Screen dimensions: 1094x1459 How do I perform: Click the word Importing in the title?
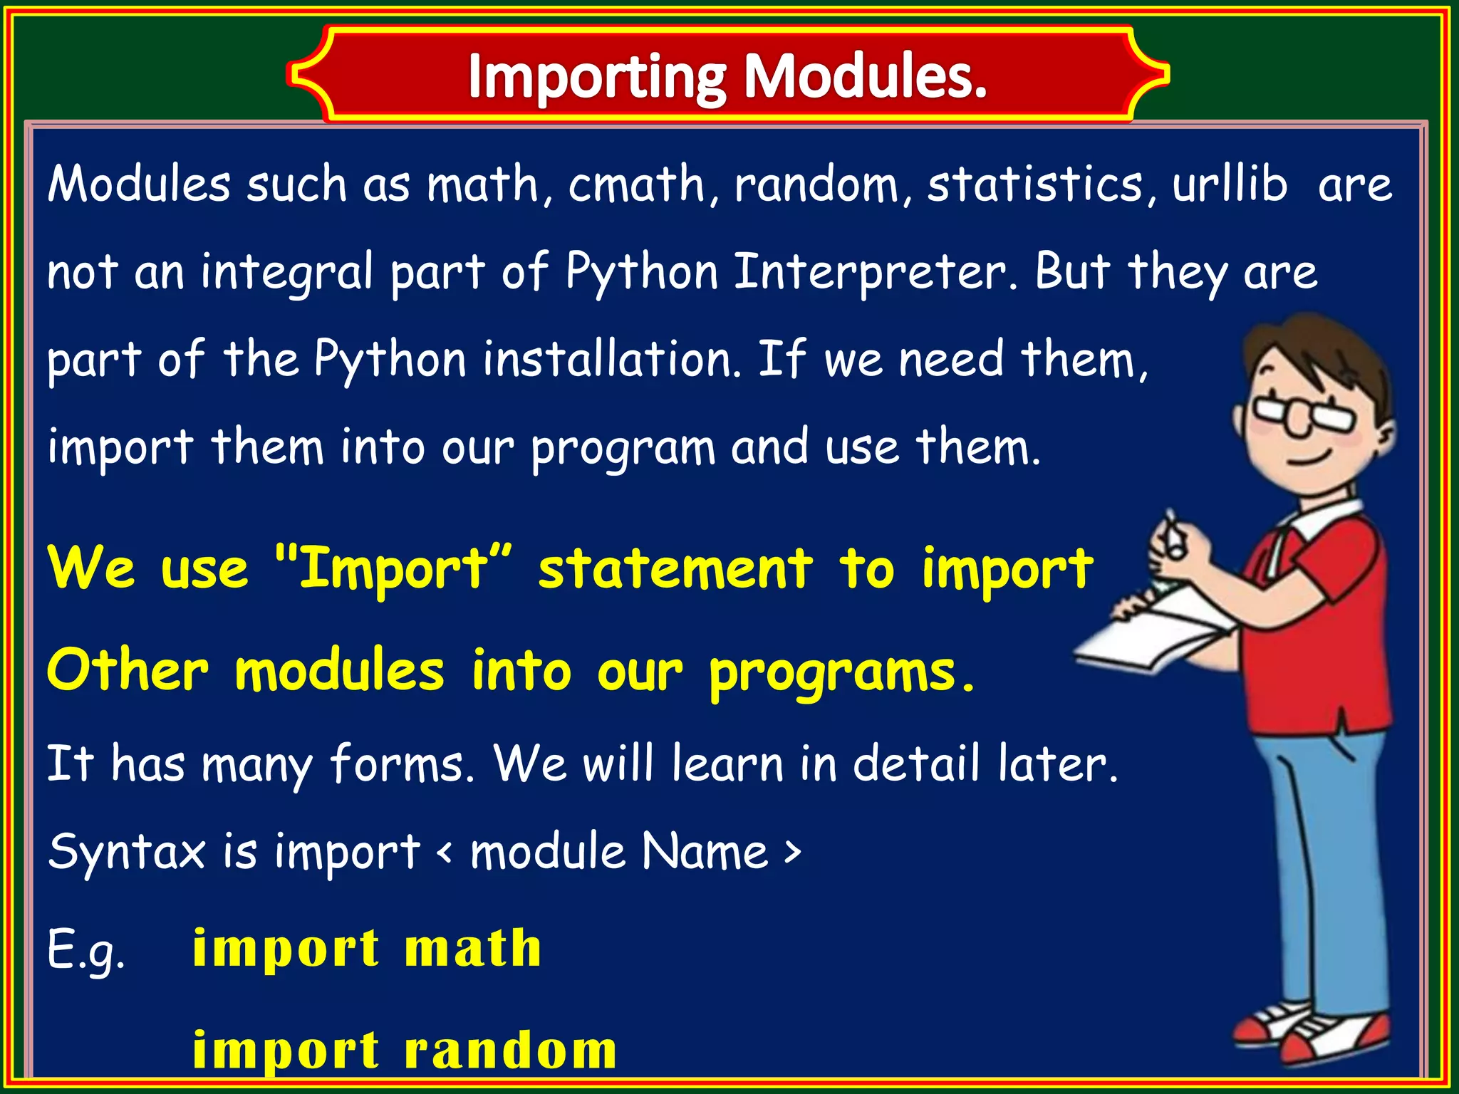597,76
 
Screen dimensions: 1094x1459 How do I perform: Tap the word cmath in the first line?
636,184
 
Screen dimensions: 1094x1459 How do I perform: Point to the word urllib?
1230,184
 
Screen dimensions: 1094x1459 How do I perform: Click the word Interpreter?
875,272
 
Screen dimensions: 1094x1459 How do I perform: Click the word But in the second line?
1072,272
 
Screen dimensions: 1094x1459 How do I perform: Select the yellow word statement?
675,568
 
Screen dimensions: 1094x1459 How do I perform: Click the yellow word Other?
128,670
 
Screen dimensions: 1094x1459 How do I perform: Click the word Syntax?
127,852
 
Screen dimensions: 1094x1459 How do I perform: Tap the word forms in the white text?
402,764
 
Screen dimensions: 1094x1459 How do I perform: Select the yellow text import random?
404,1050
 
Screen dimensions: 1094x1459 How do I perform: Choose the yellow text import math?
367,949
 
